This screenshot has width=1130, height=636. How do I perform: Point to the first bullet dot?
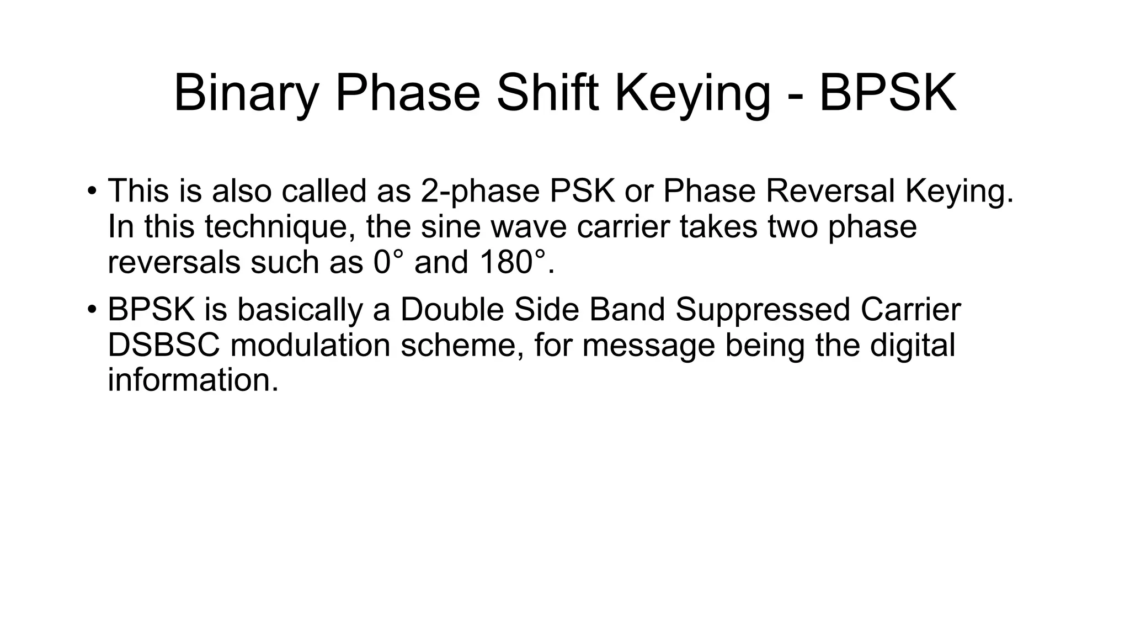(92, 192)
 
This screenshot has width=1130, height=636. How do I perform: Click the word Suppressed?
(763, 310)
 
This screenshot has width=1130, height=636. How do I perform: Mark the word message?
(648, 346)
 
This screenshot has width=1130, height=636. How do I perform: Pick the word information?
(193, 381)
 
